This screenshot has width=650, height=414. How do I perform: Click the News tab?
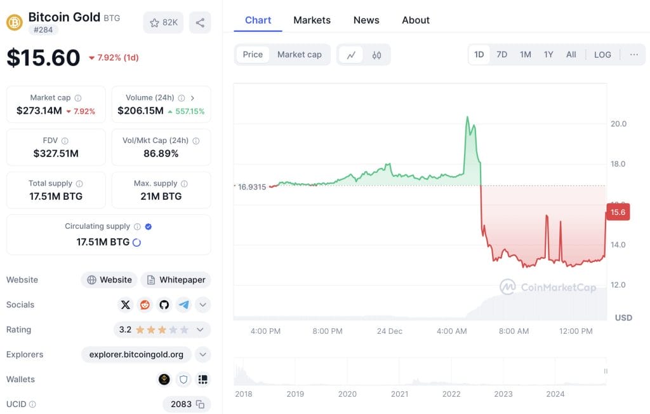(x=366, y=20)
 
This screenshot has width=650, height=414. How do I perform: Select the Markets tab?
(x=312, y=20)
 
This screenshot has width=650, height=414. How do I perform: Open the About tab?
(x=416, y=20)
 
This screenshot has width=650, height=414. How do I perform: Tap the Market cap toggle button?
(x=299, y=55)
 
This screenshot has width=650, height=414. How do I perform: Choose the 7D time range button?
(x=501, y=55)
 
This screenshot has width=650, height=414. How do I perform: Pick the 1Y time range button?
(x=548, y=55)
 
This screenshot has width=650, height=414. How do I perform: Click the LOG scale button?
(x=602, y=55)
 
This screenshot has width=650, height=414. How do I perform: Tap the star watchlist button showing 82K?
(x=164, y=23)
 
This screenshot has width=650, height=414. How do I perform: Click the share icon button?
(x=200, y=23)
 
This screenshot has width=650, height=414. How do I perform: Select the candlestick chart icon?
(x=377, y=55)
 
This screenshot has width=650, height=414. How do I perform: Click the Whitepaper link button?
(x=176, y=280)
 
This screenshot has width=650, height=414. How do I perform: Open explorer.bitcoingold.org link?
(x=137, y=354)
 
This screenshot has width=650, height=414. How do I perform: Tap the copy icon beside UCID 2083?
(x=200, y=404)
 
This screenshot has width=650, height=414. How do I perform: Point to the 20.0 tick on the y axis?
(x=618, y=123)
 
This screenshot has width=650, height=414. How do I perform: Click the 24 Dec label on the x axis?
(x=389, y=331)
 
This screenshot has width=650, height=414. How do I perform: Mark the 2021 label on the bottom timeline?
(x=399, y=394)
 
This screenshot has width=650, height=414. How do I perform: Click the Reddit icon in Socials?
(x=145, y=305)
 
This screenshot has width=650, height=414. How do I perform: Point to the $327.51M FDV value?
(x=56, y=153)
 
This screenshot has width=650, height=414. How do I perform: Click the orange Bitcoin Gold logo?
(x=15, y=23)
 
